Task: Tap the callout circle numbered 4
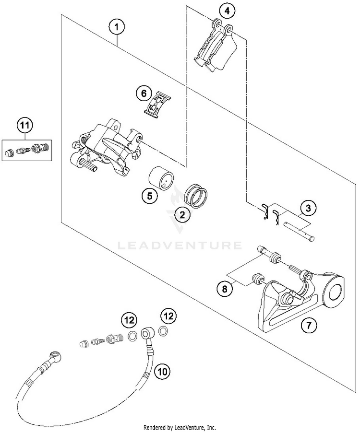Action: point(227,10)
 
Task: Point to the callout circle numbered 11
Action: point(24,126)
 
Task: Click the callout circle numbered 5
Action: point(149,196)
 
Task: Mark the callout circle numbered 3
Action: point(309,208)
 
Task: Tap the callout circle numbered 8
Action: point(224,289)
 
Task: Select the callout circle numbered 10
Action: point(162,371)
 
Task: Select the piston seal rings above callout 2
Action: point(196,195)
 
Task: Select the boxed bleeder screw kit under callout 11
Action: point(27,150)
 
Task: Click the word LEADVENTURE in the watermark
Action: point(180,246)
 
